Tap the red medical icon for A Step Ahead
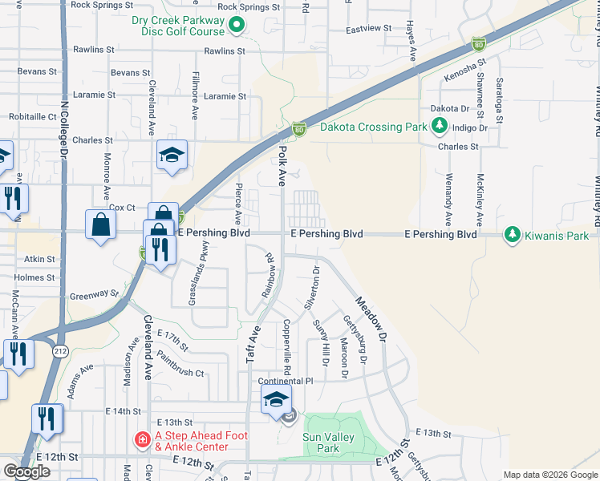pos(141,439)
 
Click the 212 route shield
pos(61,351)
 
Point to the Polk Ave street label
pos(282,167)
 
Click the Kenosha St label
pos(465,70)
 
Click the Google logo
pos(26,471)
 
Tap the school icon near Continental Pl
pos(275,399)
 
